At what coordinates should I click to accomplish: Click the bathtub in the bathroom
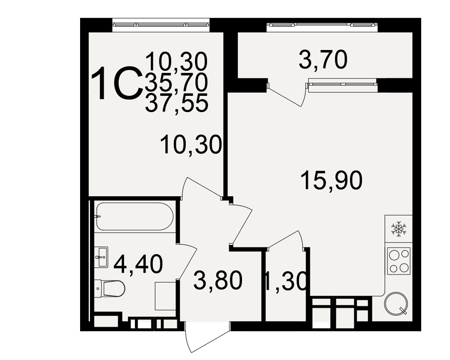pos(135,216)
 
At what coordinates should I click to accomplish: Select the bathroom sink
pos(101,257)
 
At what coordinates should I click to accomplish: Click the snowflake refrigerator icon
pos(399,229)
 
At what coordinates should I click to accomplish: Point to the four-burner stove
pos(399,261)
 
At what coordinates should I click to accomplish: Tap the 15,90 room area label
pos(332,180)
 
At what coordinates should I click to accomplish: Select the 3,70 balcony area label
pos(323,60)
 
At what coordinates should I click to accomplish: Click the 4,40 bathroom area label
pos(138,264)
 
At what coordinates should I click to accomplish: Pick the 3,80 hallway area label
pos(218,280)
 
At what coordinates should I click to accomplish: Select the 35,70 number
pos(176,81)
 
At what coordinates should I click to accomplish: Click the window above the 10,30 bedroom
pos(161,24)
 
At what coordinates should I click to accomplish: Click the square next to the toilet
pos(165,296)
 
